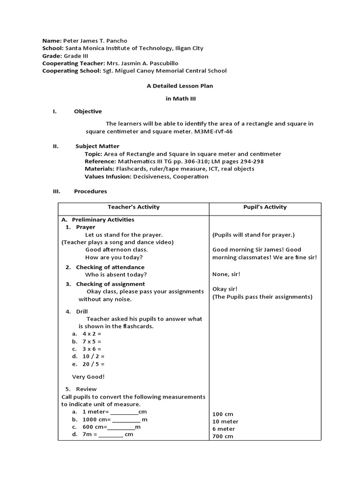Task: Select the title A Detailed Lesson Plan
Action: pos(180,86)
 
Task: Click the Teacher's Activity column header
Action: pos(134,207)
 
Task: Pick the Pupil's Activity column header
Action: pos(265,207)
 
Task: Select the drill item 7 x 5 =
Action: pos(92,341)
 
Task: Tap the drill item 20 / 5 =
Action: pos(93,364)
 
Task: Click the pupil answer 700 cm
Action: pos(223,436)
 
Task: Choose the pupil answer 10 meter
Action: pos(225,421)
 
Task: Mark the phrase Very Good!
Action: pos(88,376)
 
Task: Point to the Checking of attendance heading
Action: pos(110,267)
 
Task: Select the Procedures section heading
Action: pos(90,191)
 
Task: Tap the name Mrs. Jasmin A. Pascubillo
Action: pos(141,63)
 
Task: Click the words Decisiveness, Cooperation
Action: pos(171,177)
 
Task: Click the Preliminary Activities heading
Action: pos(103,219)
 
